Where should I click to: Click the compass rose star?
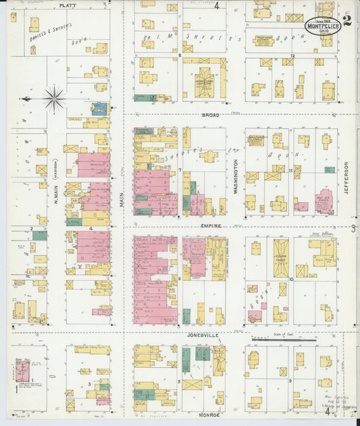click(53, 99)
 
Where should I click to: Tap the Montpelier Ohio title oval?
click(322, 26)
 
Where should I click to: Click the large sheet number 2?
click(346, 20)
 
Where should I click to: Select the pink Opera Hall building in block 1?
click(22, 372)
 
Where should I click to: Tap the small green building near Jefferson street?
click(329, 169)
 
